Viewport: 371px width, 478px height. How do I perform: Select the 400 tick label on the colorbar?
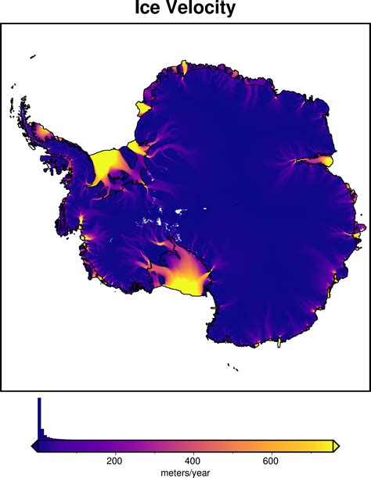coord(193,461)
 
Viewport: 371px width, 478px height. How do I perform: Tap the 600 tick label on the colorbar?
coord(272,461)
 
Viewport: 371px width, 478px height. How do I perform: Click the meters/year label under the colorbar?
coord(185,473)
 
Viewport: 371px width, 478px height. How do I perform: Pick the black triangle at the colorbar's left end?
coord(34,446)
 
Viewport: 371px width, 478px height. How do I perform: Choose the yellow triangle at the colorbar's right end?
coord(337,446)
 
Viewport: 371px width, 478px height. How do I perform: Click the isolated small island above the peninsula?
coord(32,55)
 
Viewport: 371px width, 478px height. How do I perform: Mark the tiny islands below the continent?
coord(232,364)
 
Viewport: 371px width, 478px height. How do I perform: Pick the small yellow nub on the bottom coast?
coord(280,341)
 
